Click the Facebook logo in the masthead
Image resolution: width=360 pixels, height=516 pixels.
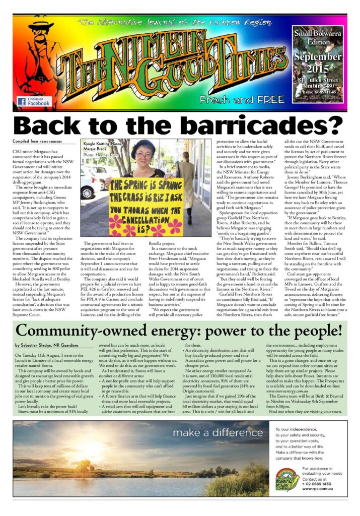[22, 101]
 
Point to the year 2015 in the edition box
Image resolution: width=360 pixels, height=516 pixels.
[319, 69]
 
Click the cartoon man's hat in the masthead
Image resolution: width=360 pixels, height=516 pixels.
[40, 24]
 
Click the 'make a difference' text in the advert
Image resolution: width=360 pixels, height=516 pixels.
[217, 433]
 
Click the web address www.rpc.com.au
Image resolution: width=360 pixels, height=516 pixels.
[323, 488]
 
